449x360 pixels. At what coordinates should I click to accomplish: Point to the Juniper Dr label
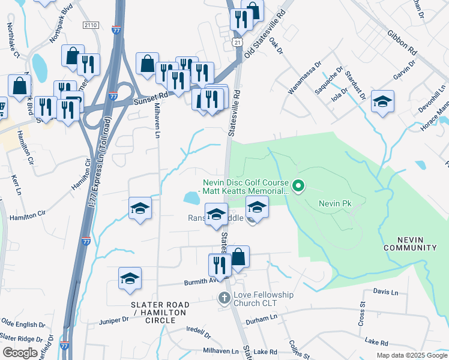113,320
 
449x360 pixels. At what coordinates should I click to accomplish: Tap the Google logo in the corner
20,353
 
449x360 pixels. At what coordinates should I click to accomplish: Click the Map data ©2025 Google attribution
411,355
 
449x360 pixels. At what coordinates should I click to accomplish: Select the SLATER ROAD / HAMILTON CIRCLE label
159,309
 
